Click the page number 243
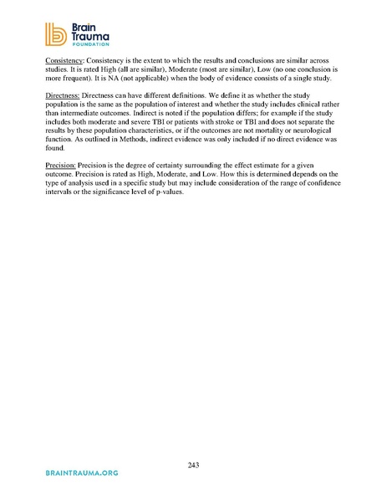click(x=194, y=465)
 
